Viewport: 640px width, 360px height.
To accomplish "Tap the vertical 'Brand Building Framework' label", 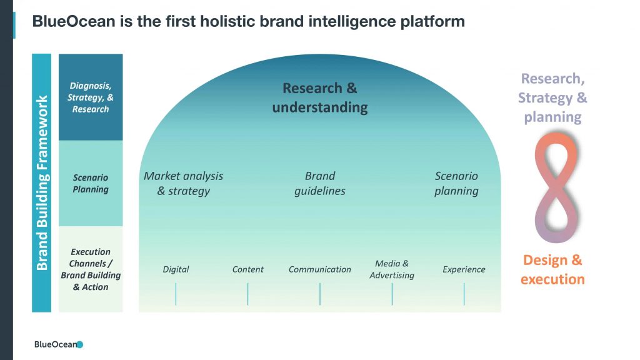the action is (42, 183).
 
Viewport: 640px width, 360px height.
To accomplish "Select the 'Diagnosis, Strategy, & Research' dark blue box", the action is (91, 97).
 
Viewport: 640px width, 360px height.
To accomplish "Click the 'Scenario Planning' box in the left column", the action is (91, 183).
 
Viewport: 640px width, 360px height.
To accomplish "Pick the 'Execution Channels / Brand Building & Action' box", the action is (91, 269).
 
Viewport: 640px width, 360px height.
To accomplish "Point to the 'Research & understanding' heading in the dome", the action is (320, 97).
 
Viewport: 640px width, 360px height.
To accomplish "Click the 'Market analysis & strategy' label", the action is (183, 183).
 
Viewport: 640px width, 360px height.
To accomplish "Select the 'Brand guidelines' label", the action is (320, 183).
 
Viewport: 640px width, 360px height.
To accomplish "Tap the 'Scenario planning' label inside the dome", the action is (456, 183).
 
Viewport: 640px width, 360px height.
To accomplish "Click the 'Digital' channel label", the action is (176, 269).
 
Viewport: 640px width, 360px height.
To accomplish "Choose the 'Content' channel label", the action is (247, 269).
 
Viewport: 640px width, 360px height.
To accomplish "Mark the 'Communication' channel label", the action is (320, 269).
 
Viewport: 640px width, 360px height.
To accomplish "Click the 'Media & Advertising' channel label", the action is (392, 269).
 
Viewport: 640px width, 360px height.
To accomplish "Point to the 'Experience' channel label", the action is (464, 269).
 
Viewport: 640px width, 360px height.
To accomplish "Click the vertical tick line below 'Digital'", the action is (176, 294).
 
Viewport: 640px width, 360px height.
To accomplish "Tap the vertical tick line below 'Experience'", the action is (464, 294).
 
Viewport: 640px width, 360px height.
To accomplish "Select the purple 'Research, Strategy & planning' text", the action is (552, 97).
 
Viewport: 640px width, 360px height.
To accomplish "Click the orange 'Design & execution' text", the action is (552, 269).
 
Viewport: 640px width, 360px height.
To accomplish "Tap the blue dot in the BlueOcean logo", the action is (80, 344).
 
